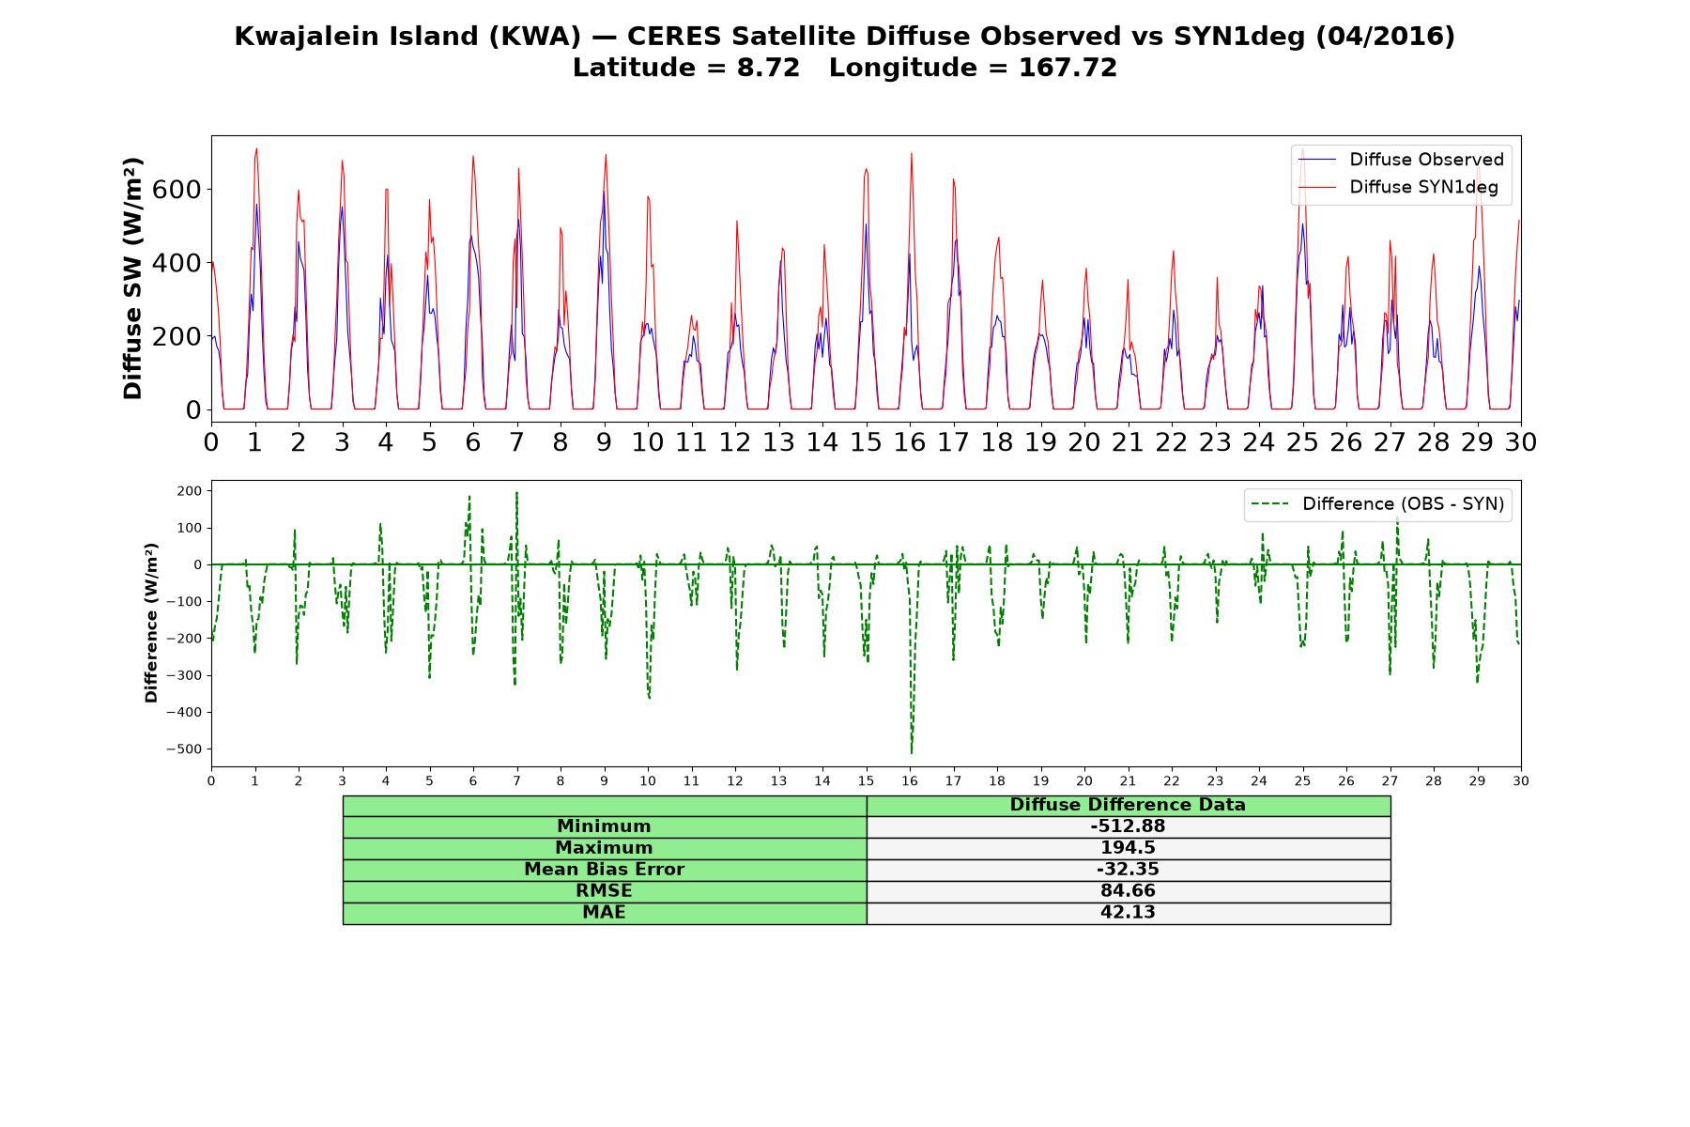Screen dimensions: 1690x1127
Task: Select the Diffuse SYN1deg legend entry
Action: (x=1398, y=188)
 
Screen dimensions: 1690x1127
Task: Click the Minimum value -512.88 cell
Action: (x=1128, y=826)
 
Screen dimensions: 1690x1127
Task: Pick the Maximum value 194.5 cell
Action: (x=1128, y=848)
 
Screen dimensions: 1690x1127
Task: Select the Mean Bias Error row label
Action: (x=604, y=870)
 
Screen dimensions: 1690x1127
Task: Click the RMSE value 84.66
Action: (x=1128, y=891)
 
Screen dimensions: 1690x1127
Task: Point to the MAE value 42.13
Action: (x=1128, y=913)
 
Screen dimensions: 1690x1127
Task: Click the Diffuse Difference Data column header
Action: (x=1128, y=805)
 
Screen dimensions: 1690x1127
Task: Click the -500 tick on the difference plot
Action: (x=184, y=749)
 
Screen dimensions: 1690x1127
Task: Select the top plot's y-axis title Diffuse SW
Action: (x=132, y=279)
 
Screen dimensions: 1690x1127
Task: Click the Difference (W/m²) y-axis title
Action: (x=151, y=624)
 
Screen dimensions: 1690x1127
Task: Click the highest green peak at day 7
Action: (x=516, y=493)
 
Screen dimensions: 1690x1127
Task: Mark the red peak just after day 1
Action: (x=256, y=148)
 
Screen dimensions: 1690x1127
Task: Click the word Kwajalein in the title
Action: (x=305, y=37)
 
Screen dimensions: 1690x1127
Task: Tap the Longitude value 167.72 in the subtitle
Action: (x=1068, y=69)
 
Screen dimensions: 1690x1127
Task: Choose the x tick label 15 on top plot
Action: (x=866, y=442)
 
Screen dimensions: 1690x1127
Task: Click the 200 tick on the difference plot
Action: (x=189, y=491)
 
